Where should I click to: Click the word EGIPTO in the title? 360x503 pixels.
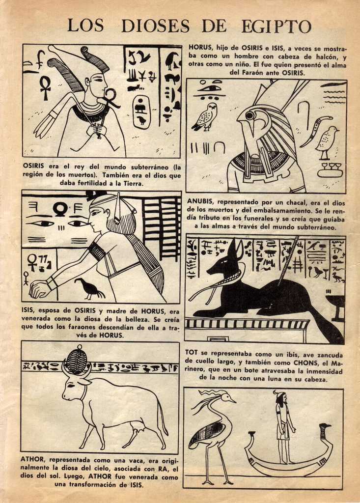coord(276,26)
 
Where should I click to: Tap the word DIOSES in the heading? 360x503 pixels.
coord(155,26)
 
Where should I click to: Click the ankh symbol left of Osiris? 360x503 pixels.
coord(45,88)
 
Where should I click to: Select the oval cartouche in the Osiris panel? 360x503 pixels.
coord(141,112)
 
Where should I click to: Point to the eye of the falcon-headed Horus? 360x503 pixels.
coord(249,115)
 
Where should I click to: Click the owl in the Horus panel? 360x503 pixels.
coord(204,117)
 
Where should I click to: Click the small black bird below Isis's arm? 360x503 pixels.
coord(89,288)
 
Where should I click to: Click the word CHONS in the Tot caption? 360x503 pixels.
coord(305,363)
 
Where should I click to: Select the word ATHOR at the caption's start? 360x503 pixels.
coord(33,460)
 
